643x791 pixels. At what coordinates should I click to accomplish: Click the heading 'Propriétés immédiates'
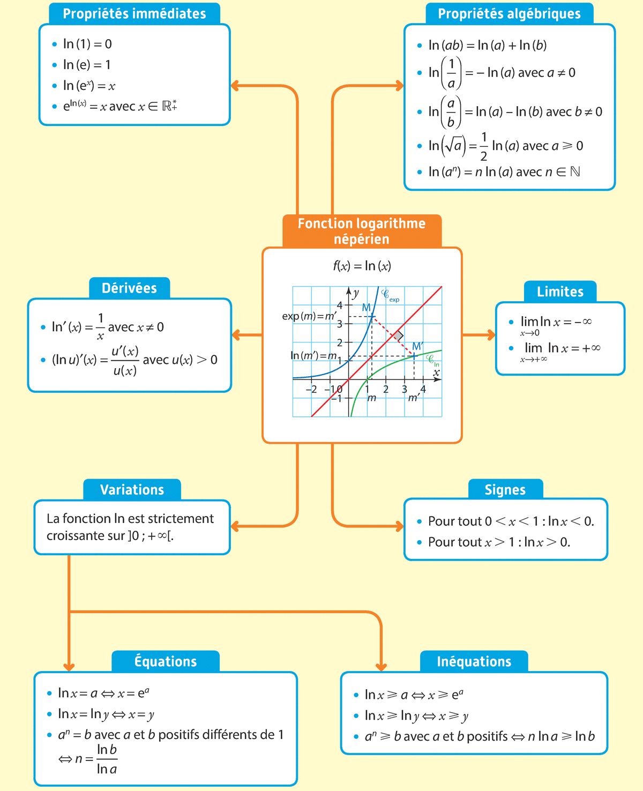[134, 14]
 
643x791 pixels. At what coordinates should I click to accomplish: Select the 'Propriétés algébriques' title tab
[509, 14]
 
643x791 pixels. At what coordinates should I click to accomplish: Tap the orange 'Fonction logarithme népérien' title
[362, 231]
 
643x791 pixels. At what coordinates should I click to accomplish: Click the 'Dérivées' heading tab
[129, 288]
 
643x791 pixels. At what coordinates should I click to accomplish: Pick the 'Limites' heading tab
[560, 292]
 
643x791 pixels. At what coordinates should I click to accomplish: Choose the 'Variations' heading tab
[132, 490]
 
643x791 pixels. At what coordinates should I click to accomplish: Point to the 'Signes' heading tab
[505, 490]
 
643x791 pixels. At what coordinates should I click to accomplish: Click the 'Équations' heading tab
[166, 661]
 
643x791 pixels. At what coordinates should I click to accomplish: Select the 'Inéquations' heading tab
[474, 661]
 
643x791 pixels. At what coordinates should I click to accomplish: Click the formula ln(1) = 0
[87, 44]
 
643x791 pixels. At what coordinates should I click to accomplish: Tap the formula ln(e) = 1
[87, 65]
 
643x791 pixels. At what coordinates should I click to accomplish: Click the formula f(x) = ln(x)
[362, 266]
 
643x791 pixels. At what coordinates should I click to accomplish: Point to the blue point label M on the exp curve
[367, 308]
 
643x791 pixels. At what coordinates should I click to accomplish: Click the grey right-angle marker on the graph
[398, 335]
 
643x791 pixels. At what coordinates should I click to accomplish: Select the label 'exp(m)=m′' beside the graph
[309, 316]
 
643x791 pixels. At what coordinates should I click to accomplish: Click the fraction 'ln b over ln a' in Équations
[107, 759]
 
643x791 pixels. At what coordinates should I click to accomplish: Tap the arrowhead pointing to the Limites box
[490, 335]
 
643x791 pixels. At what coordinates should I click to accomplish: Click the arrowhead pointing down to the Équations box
[69, 666]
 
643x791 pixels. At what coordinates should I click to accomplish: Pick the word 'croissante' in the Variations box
[72, 536]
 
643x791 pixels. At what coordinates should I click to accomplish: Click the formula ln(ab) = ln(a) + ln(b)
[488, 46]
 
